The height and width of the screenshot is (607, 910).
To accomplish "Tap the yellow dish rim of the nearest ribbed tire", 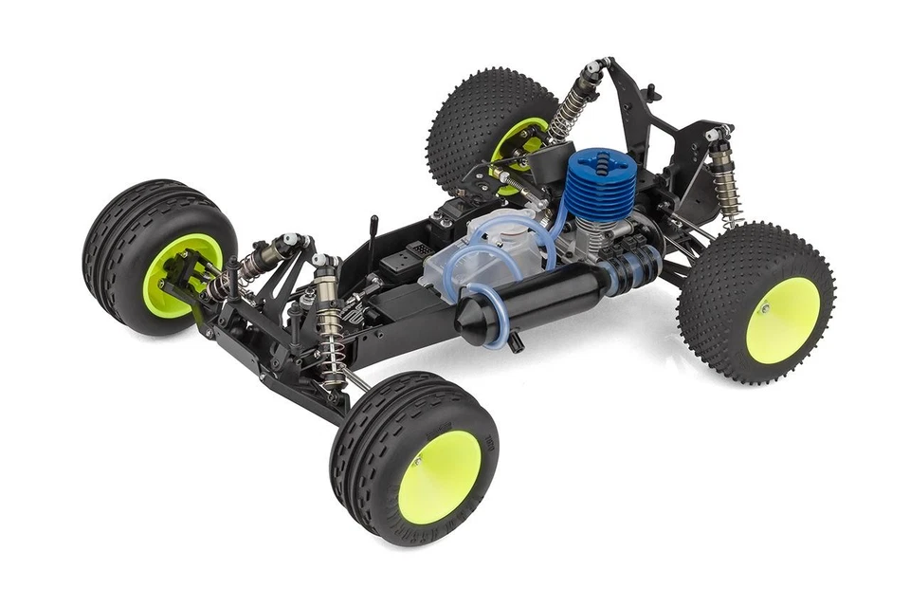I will tap(439, 474).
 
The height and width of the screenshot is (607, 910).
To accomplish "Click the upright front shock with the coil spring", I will tap(329, 327).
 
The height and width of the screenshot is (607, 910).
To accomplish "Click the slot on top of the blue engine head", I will tap(595, 161).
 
